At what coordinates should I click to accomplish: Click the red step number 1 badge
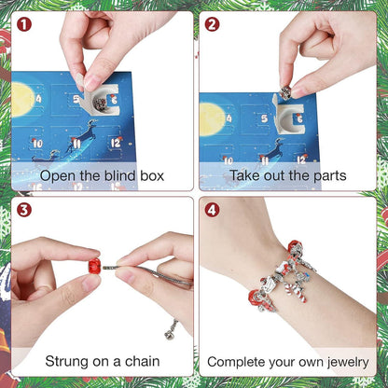23,24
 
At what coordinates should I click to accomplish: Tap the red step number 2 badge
213,24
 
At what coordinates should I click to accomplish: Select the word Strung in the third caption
71,360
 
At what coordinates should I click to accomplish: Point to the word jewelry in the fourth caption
341,360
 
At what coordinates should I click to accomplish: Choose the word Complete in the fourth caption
239,360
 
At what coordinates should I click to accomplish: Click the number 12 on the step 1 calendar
117,143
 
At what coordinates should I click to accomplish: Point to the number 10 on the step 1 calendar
37,144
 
